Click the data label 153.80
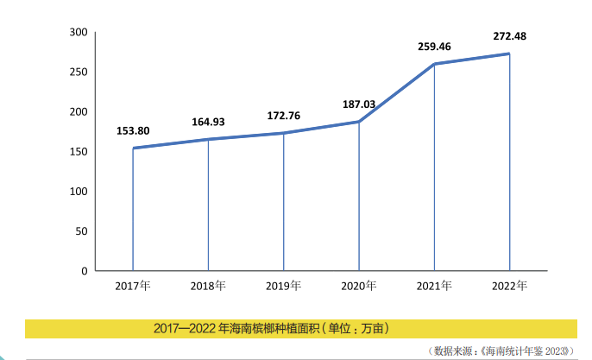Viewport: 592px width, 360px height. point(133,131)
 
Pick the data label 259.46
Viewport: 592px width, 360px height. point(434,47)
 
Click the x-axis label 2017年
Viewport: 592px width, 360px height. point(132,286)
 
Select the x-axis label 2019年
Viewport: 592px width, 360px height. point(283,286)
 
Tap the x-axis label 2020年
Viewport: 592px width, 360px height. point(358,286)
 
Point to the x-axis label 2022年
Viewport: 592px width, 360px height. point(509,286)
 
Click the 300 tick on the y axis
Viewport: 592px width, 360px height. point(79,33)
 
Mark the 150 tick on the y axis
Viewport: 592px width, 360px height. point(79,152)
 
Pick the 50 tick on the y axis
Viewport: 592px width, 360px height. point(82,231)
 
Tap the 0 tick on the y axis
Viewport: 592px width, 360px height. point(85,271)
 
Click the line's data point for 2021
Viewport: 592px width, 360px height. point(434,64)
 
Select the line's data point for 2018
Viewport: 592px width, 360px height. point(209,139)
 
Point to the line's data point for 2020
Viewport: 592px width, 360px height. point(359,122)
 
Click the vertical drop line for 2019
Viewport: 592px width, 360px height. point(284,203)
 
